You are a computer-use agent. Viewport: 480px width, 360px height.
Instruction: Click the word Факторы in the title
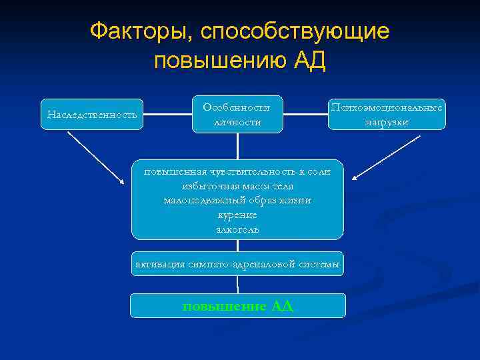[x=136, y=31]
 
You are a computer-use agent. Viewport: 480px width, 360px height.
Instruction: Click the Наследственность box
[x=92, y=115]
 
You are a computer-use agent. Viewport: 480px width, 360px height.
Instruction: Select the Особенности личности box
[x=237, y=115]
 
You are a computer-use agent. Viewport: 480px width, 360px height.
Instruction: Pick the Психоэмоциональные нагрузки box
[x=387, y=115]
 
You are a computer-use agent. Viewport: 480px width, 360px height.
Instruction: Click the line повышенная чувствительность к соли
[x=237, y=171]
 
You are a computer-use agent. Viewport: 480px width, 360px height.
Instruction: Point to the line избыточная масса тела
[x=237, y=186]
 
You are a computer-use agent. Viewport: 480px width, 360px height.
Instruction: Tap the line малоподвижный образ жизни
[x=237, y=200]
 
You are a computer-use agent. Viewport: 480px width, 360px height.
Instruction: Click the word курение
[x=237, y=215]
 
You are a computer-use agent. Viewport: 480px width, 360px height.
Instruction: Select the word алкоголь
[x=237, y=229]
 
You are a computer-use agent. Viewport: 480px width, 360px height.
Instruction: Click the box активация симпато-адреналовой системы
[x=237, y=265]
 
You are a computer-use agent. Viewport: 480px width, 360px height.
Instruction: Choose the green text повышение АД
[x=237, y=306]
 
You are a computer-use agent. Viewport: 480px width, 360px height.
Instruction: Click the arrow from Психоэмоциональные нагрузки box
[x=387, y=157]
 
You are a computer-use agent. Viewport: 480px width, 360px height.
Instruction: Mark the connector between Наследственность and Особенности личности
[x=167, y=115]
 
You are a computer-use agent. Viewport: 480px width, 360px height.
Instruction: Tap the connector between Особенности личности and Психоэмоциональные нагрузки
[x=305, y=115]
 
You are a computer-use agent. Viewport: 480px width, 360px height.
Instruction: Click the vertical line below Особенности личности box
[x=237, y=146]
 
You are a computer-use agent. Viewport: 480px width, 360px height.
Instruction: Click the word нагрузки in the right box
[x=387, y=123]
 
